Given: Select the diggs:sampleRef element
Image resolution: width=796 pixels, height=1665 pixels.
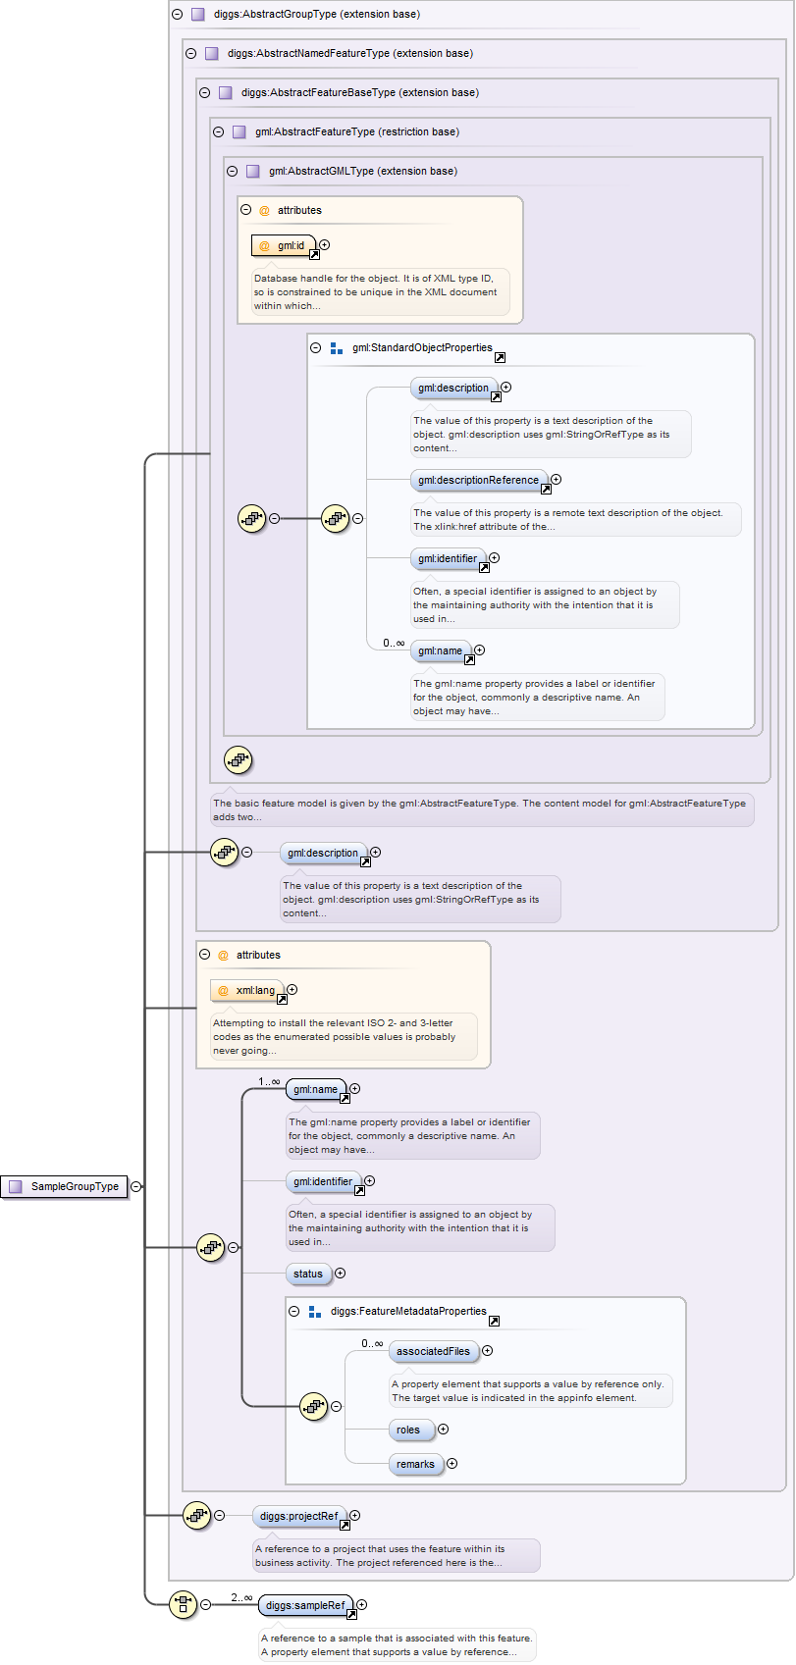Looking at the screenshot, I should pyautogui.click(x=305, y=1605).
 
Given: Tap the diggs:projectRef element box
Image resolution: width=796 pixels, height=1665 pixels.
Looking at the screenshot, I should pyautogui.click(x=298, y=1516).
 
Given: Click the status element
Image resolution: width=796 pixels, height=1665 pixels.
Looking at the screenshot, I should pyautogui.click(x=307, y=1274).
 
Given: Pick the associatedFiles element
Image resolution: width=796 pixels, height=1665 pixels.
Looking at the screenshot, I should pyautogui.click(x=433, y=1351).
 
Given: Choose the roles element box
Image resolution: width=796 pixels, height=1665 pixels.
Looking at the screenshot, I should pyautogui.click(x=408, y=1430).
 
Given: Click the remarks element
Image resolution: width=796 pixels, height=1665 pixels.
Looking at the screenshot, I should pyautogui.click(x=415, y=1464).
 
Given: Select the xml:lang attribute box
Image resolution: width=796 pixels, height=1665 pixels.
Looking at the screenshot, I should pyautogui.click(x=247, y=990).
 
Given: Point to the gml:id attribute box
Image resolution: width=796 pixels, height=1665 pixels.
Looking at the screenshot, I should pyautogui.click(x=284, y=245).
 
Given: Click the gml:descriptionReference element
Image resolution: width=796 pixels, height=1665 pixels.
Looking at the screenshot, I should pyautogui.click(x=478, y=480).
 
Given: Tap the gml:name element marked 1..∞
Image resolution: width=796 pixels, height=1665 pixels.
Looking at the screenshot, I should pyautogui.click(x=315, y=1089).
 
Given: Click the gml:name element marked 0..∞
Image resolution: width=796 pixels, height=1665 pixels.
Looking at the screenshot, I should pyautogui.click(x=440, y=650).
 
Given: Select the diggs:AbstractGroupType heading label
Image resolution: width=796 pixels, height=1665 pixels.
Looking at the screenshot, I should pyautogui.click(x=316, y=14).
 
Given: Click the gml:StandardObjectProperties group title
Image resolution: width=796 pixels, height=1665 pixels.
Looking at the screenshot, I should pyautogui.click(x=422, y=347).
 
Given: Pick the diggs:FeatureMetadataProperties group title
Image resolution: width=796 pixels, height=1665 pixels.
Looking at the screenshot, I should pyautogui.click(x=408, y=1311).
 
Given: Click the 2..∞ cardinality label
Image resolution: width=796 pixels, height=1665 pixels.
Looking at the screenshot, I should pyautogui.click(x=241, y=1597).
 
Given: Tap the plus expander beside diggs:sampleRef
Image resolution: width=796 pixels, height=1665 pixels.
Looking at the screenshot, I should pyautogui.click(x=362, y=1605).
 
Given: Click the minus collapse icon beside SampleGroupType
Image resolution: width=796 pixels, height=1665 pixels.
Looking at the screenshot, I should pyautogui.click(x=136, y=1186).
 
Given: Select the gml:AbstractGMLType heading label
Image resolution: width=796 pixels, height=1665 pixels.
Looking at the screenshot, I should pyautogui.click(x=362, y=171).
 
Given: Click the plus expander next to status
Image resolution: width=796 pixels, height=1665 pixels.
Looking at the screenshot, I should pyautogui.click(x=341, y=1274).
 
